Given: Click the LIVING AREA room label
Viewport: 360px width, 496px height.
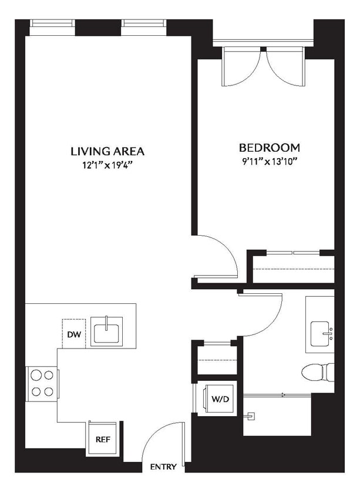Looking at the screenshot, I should click(x=107, y=151).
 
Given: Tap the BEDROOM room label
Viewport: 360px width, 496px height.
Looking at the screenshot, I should click(x=270, y=148).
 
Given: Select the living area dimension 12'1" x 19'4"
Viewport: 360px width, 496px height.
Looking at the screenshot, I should click(x=107, y=166).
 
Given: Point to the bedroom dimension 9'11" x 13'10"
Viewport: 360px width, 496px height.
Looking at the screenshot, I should click(x=270, y=162).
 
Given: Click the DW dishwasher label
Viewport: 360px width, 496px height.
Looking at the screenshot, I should click(x=73, y=334).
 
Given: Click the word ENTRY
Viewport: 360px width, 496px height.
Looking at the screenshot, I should click(x=163, y=467).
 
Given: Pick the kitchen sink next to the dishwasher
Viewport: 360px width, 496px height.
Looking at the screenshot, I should click(x=106, y=331).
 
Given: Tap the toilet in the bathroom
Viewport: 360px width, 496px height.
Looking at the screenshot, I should click(x=317, y=371).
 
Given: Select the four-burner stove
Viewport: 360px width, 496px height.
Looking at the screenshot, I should click(x=41, y=383).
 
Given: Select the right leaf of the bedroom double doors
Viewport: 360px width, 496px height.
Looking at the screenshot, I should click(x=285, y=66).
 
